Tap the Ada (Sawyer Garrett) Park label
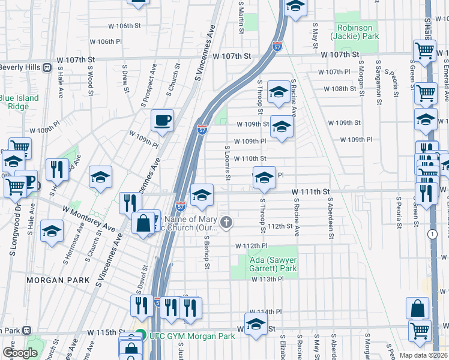point(273,264)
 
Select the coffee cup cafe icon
point(162,121)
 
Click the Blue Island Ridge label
point(19,102)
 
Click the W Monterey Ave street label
point(88,218)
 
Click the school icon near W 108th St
point(278,92)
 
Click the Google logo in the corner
point(20,353)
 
